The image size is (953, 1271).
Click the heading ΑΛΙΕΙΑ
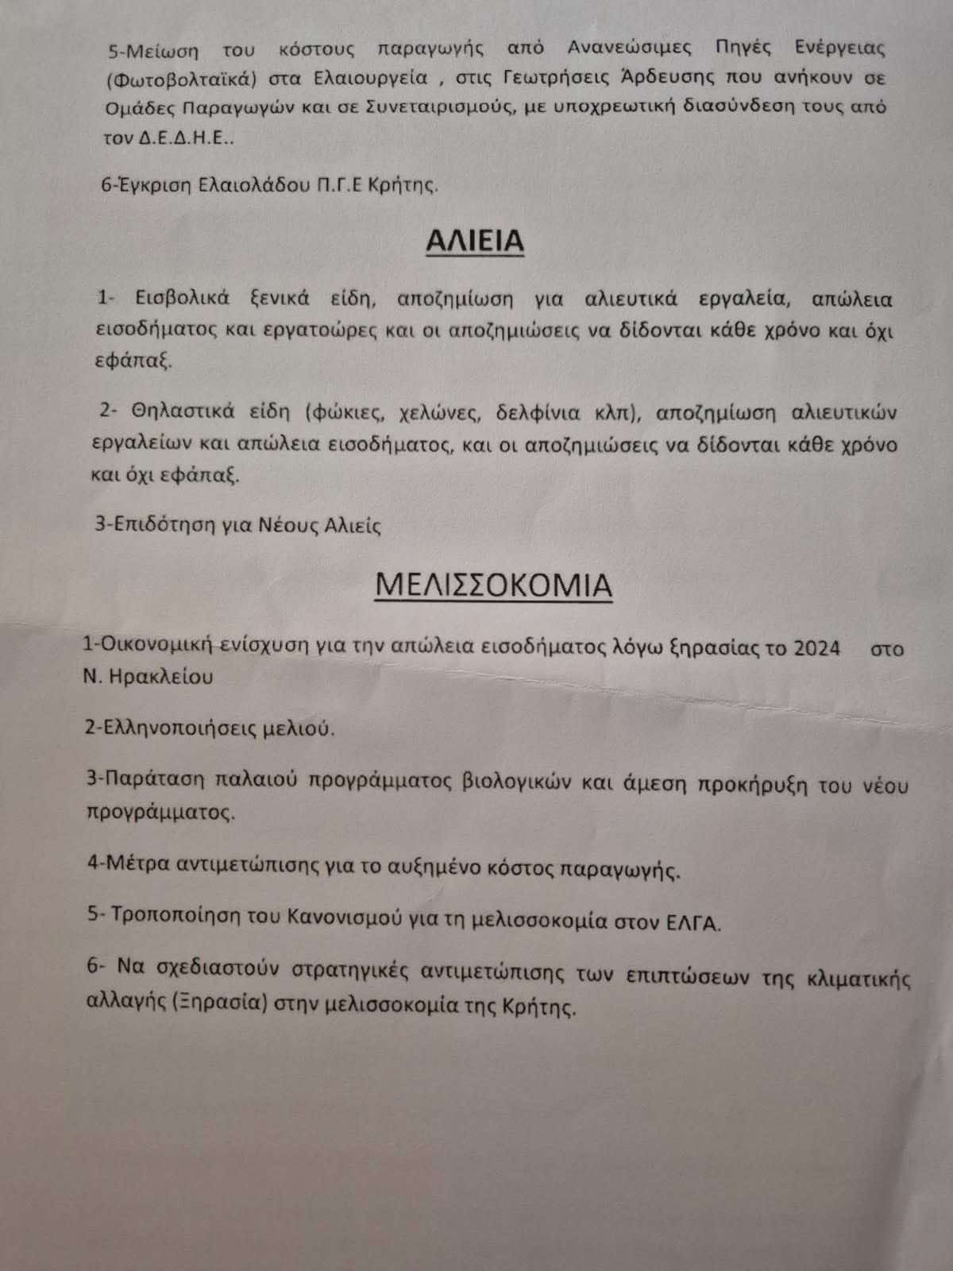point(475,241)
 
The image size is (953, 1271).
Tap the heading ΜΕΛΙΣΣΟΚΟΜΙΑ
point(493,585)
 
